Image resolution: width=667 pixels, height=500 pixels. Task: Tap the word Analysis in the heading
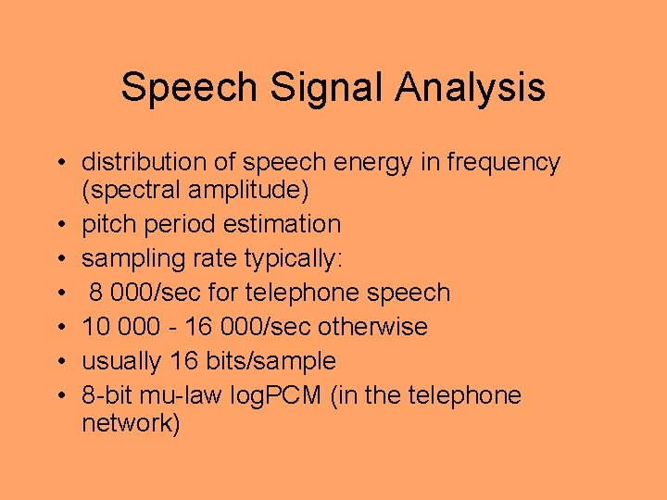470,88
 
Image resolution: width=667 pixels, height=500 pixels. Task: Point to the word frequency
504,162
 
